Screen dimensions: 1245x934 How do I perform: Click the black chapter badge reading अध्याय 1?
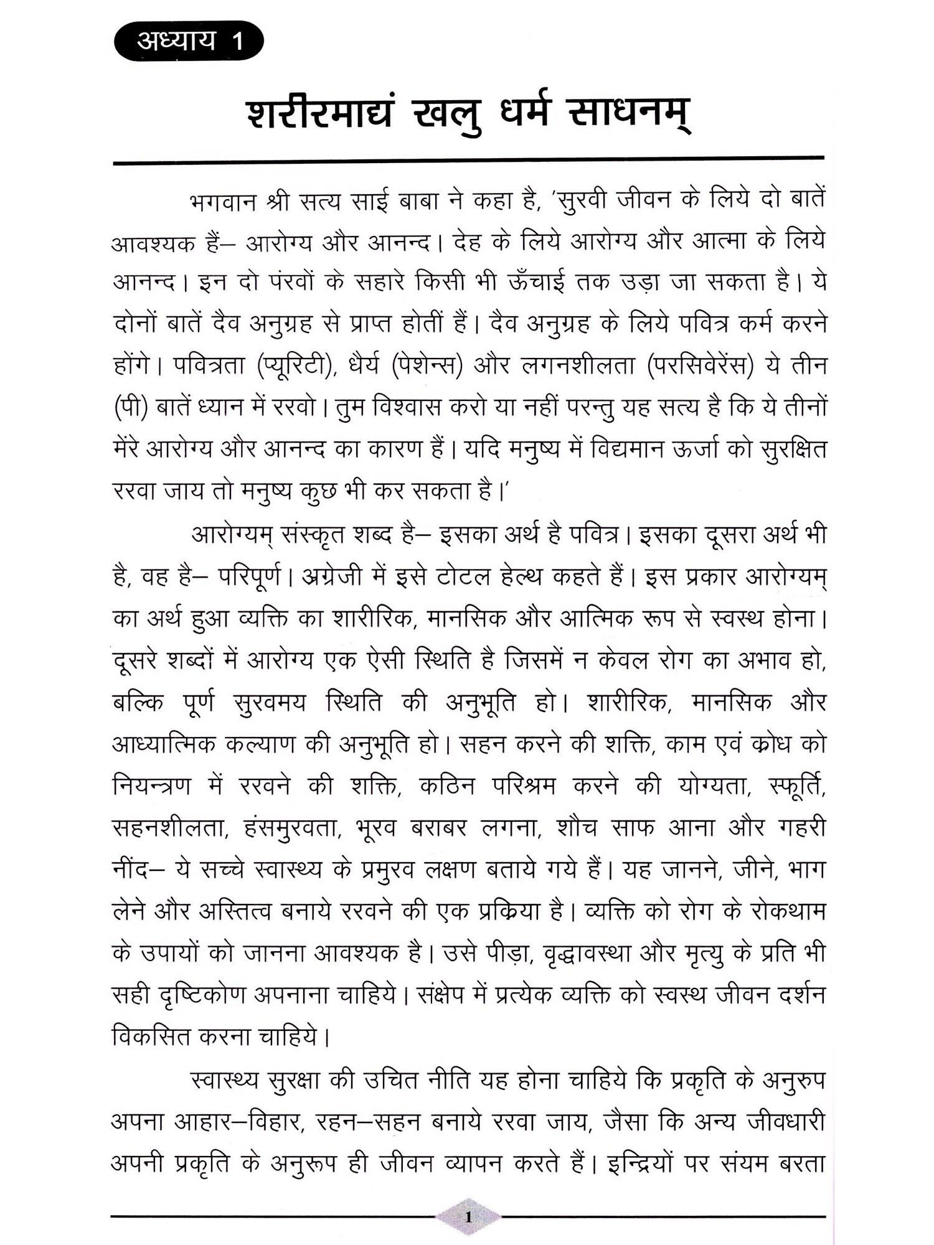[x=189, y=42]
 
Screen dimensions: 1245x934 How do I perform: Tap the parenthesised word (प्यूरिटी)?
[x=294, y=367]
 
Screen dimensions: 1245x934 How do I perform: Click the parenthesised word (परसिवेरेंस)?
[x=700, y=367]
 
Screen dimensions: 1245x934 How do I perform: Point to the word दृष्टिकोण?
[x=203, y=995]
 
